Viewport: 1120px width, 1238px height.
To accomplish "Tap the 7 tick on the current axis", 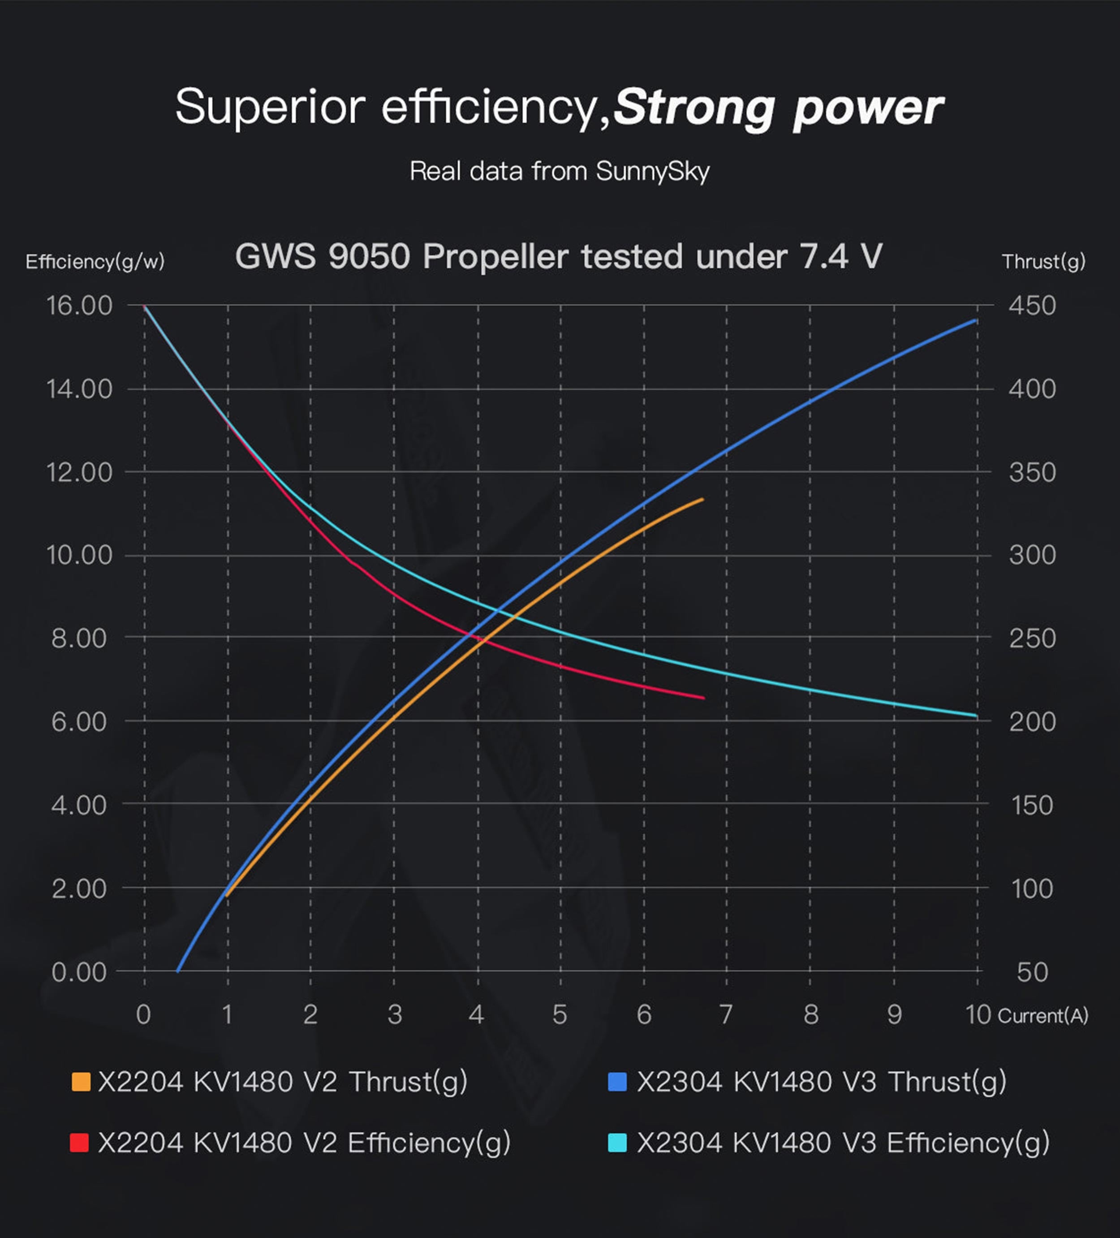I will [726, 1014].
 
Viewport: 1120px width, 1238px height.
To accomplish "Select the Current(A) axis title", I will [1042, 1016].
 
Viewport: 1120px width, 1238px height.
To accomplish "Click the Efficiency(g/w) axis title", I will [95, 262].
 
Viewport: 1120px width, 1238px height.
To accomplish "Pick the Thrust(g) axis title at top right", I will [1043, 262].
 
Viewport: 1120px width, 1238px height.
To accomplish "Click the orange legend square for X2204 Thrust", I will [81, 1082].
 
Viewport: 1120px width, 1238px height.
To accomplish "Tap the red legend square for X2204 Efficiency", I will [80, 1143].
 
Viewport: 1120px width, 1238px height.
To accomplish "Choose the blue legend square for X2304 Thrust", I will [617, 1082].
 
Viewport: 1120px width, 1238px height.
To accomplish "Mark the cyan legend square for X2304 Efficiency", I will [617, 1143].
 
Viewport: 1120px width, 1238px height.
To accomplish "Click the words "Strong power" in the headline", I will [778, 108].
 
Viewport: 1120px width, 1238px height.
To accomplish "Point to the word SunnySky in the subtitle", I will [652, 171].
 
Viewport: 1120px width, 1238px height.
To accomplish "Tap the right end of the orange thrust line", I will [702, 499].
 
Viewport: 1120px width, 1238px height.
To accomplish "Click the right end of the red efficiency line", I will [704, 698].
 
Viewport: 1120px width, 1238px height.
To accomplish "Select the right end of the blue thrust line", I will [976, 320].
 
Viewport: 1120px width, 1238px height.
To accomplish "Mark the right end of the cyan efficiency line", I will [976, 716].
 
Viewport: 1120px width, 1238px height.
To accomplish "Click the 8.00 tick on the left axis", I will [79, 638].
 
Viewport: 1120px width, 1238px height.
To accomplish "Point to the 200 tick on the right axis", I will [1032, 721].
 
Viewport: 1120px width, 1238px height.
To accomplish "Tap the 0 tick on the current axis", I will [144, 1014].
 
